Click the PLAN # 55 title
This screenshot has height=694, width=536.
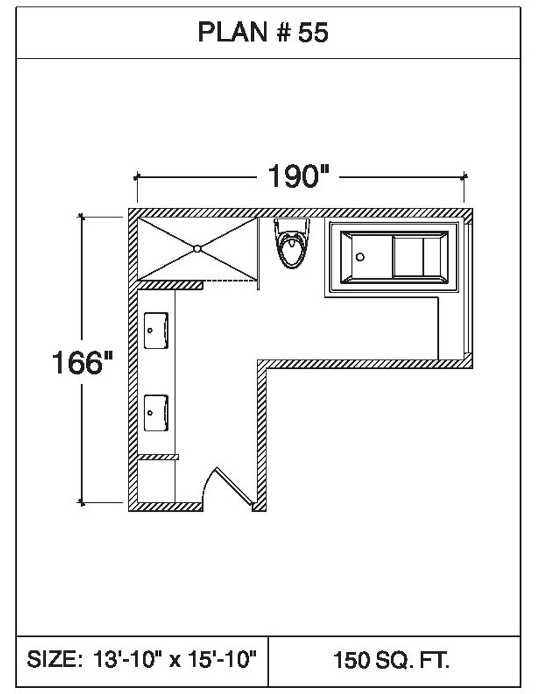pos(263,32)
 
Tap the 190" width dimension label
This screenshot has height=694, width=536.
pos(299,176)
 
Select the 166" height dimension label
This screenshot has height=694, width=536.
pos(82,362)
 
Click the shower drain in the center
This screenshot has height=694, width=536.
pos(197,249)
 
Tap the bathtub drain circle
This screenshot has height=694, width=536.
pos(360,257)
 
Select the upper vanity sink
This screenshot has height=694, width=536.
pos(156,330)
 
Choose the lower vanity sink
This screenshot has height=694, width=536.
pos(156,412)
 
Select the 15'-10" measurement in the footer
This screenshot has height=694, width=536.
pos(223,659)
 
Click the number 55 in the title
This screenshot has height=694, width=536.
pos(313,32)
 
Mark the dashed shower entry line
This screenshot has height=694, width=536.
pos(229,281)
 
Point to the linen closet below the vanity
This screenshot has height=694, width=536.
pos(156,481)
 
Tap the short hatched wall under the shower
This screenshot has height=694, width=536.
pos(170,285)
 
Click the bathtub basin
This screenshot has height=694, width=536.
pos(394,257)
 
